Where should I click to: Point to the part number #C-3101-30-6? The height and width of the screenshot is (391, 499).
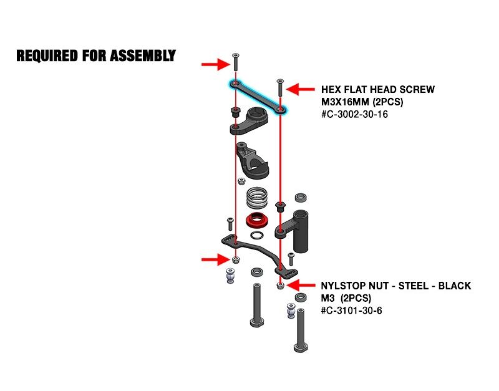tap(351, 310)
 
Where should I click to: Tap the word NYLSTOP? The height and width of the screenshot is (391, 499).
tap(345, 286)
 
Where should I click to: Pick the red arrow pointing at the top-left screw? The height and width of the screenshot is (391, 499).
tap(215, 63)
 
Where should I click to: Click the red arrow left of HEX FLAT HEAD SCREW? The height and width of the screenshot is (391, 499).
tap(303, 90)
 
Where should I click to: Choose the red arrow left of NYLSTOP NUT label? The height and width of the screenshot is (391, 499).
tap(303, 286)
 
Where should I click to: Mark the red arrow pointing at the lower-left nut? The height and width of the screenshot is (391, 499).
tap(215, 259)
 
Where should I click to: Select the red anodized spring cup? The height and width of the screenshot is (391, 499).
tap(256, 220)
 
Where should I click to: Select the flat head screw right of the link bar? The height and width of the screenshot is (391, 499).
tap(280, 88)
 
